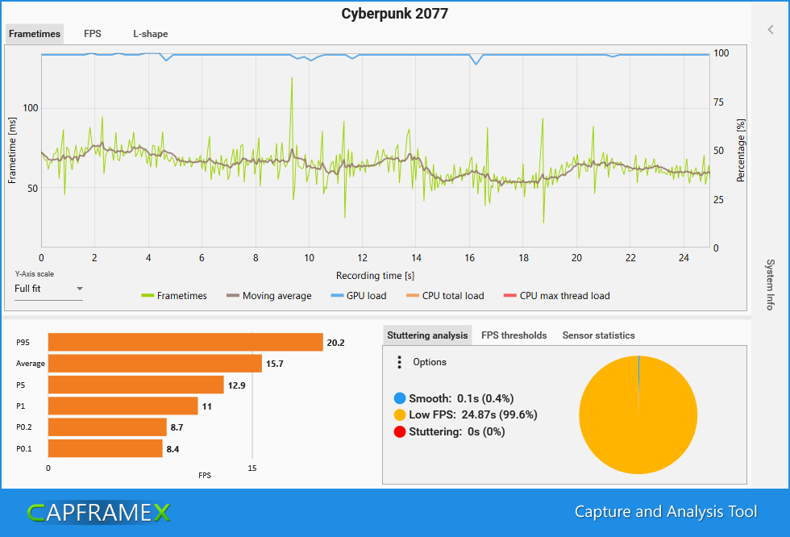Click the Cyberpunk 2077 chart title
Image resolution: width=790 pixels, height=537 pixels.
(x=394, y=14)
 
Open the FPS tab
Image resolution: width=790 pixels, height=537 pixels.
(x=93, y=34)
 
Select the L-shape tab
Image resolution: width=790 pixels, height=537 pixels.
(x=151, y=34)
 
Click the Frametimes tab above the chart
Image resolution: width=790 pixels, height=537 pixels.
(x=34, y=34)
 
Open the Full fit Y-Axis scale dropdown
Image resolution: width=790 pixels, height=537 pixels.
(x=49, y=289)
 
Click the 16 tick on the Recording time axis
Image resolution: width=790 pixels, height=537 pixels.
(x=469, y=258)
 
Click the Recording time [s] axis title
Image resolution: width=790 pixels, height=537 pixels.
(x=376, y=275)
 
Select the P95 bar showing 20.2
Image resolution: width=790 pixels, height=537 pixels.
(x=185, y=343)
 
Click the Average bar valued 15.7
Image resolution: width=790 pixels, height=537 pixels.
(x=155, y=364)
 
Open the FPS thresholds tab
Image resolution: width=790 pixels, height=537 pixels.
(x=513, y=335)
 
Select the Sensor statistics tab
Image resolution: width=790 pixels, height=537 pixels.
(x=598, y=335)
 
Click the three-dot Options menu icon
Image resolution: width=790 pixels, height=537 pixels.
(x=399, y=362)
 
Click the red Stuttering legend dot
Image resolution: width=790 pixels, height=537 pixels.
(x=401, y=431)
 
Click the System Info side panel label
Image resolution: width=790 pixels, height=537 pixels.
(x=770, y=285)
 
